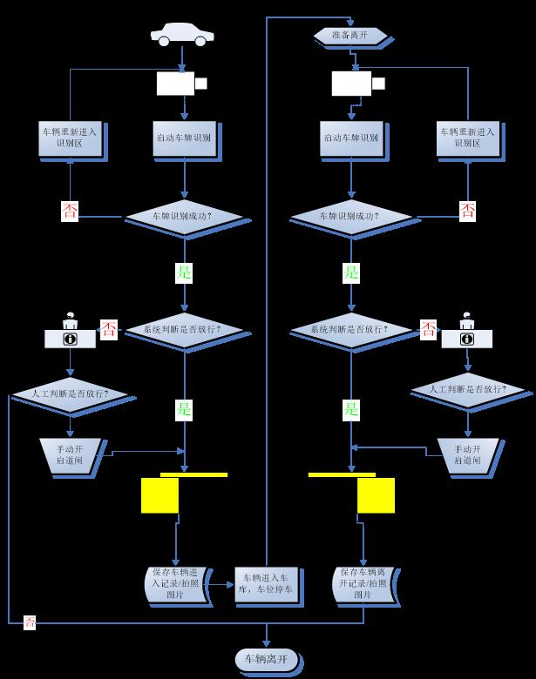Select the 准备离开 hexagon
coord(350,36)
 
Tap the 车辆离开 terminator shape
coord(267,660)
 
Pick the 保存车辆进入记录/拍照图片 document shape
coord(175,583)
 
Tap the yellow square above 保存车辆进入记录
coord(159,494)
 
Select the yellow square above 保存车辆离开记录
coord(377,494)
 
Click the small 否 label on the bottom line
coord(30,622)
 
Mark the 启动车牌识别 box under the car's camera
coord(183,138)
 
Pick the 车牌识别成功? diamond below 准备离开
coord(350,214)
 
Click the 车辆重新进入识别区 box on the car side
coord(71,138)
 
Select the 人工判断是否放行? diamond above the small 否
coord(72,393)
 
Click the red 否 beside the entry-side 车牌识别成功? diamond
coord(70,211)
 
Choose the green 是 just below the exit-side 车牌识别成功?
coord(350,272)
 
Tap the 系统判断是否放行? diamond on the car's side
coord(183,331)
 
